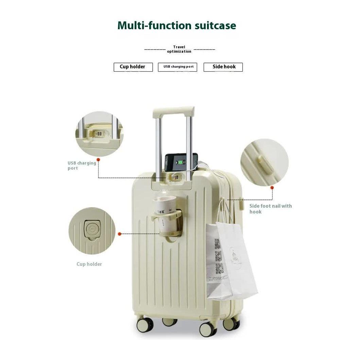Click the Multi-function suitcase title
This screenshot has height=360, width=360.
[176, 25]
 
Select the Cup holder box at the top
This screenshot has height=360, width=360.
[133, 67]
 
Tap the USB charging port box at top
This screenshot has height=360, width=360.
[177, 67]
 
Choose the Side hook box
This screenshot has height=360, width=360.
[223, 67]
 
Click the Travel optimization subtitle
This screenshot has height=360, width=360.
[179, 49]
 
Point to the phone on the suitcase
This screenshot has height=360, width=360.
[181, 163]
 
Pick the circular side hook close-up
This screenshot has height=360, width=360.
[264, 162]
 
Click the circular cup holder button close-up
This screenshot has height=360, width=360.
[92, 231]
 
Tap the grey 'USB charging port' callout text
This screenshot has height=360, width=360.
[82, 166]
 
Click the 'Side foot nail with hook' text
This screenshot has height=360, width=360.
[270, 209]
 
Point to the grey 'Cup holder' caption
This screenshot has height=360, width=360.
[89, 264]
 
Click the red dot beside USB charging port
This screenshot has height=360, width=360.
[98, 159]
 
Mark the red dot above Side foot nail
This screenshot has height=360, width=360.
[272, 187]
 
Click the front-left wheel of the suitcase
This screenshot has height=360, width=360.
[145, 325]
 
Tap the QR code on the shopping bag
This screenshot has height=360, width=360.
[218, 255]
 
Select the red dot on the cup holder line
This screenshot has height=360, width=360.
[119, 234]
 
